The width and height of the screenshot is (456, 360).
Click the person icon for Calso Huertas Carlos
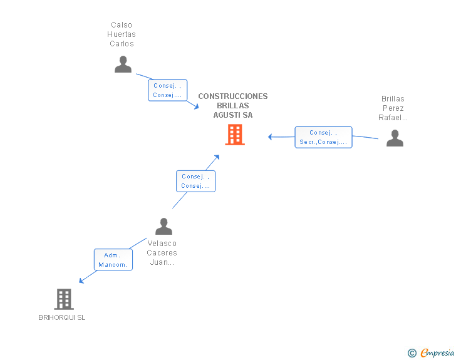123,64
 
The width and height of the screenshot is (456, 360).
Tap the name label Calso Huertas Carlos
122,34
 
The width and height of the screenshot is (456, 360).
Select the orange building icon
235,135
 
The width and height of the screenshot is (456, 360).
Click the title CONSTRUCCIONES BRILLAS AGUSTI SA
232,106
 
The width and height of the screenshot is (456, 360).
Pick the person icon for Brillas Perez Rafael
395,138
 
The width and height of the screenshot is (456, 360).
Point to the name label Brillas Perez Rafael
393,108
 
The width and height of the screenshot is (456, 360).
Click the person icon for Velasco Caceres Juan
163,226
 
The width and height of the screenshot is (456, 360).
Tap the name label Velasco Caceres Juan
162,253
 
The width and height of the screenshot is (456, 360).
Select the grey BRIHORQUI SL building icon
64,299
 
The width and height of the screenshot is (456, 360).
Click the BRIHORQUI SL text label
61,317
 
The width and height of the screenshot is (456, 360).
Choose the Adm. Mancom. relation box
113,260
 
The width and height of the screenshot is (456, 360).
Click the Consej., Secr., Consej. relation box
323,137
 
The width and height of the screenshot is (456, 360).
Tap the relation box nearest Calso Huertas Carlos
167,90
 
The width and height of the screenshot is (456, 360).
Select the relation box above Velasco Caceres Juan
195,181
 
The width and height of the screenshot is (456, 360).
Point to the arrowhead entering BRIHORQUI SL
81,281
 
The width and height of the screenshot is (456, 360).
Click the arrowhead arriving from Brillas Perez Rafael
271,137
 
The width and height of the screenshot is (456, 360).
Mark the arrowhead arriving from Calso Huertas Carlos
197,107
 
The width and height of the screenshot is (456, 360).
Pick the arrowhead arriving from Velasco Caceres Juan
217,156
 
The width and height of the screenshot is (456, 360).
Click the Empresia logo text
437,352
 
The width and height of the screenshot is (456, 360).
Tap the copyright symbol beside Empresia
412,353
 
